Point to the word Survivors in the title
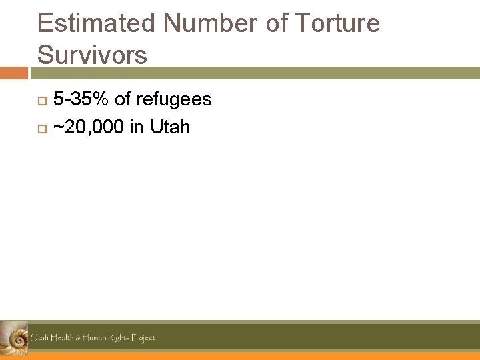pyautogui.click(x=92, y=54)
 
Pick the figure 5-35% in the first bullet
pyautogui.click(x=81, y=100)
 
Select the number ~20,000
pyautogui.click(x=88, y=127)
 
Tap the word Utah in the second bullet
pyautogui.click(x=170, y=127)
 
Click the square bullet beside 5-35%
pyautogui.click(x=41, y=101)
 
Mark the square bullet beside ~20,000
pyautogui.click(x=41, y=127)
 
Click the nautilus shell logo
pyautogui.click(x=13, y=338)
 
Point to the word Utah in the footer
pyautogui.click(x=38, y=338)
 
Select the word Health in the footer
pyautogui.click(x=62, y=338)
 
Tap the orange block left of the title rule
pyautogui.click(x=13, y=73)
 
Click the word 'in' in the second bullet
pyautogui.click(x=137, y=127)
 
